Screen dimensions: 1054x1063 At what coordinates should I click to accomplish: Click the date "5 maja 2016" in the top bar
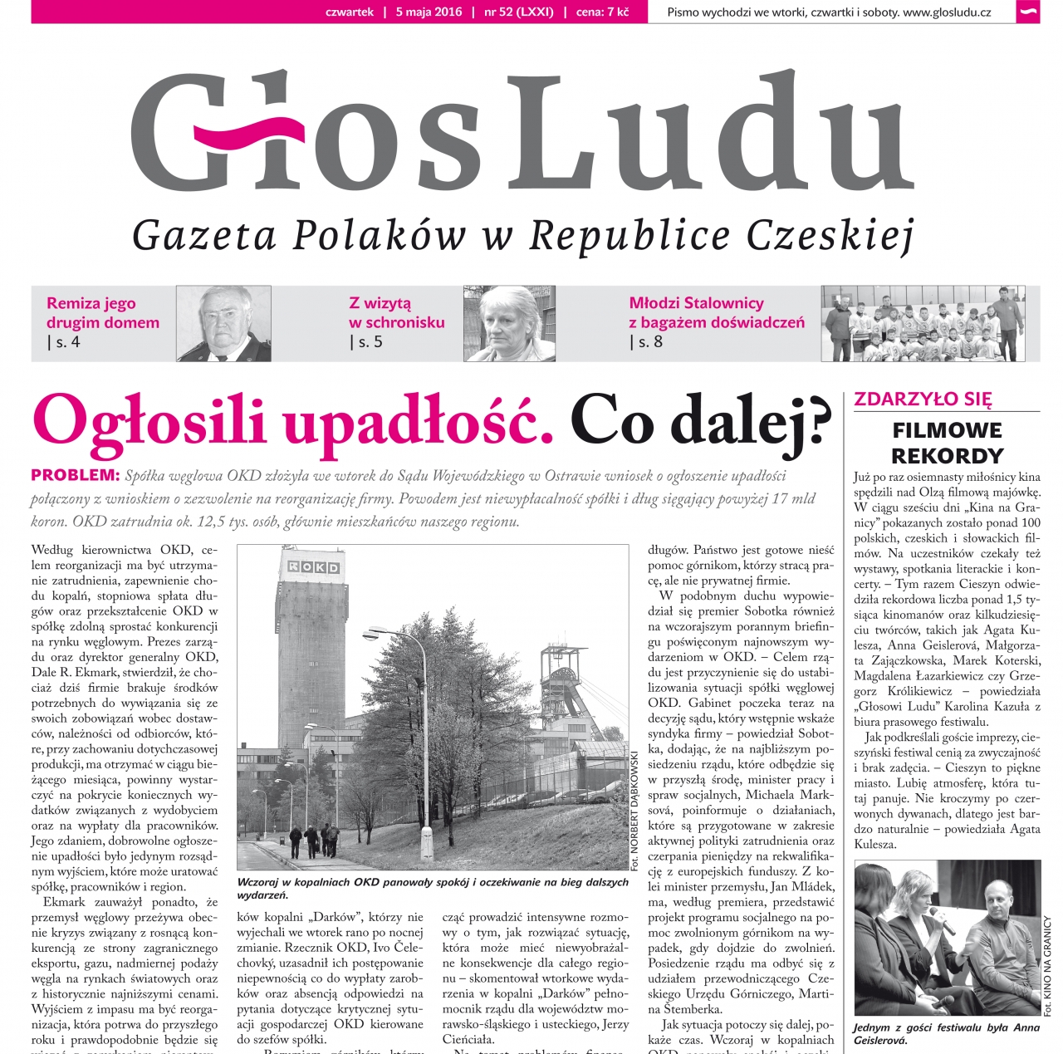click(429, 12)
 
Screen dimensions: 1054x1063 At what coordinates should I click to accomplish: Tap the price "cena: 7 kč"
click(602, 12)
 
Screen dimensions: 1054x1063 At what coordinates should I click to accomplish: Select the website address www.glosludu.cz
click(947, 12)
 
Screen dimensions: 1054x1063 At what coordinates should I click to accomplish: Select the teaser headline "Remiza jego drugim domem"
click(102, 312)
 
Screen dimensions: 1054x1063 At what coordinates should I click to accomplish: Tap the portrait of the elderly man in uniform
click(223, 323)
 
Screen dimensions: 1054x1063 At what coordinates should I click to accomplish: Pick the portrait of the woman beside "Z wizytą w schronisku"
click(509, 323)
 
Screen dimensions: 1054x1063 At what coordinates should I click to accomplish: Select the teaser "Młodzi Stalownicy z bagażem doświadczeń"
click(716, 312)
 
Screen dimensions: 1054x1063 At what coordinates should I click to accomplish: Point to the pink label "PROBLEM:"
click(76, 475)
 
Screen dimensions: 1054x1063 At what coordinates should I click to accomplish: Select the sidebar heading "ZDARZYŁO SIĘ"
click(923, 399)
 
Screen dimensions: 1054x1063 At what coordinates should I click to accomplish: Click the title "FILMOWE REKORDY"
click(947, 443)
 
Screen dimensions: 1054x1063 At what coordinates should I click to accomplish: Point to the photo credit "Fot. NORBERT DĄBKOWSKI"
click(635, 810)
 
